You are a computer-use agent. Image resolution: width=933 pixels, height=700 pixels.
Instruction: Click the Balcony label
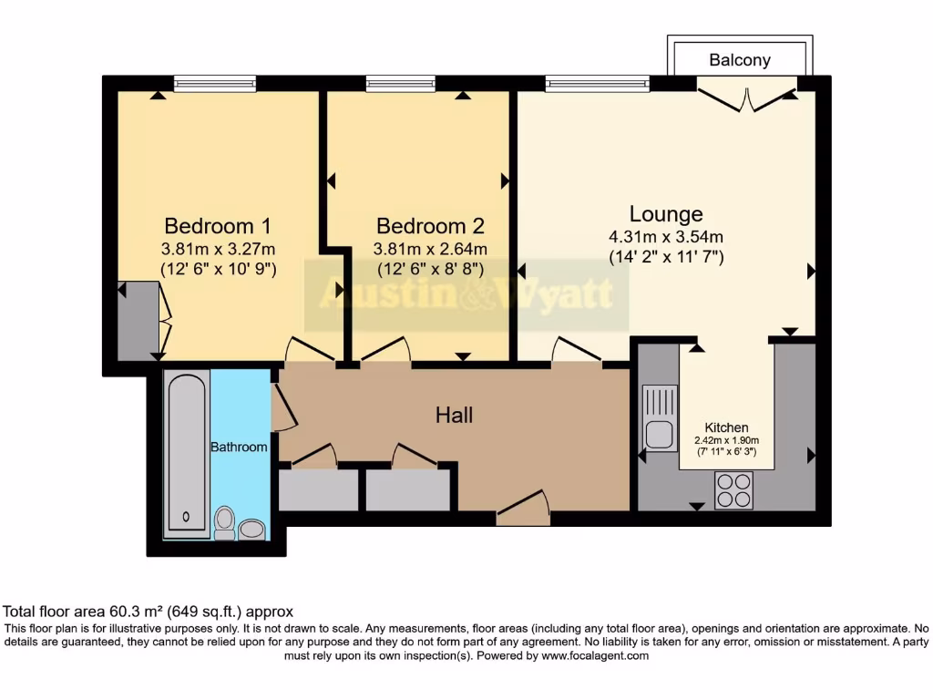740,60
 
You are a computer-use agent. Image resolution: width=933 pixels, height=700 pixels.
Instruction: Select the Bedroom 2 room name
430,225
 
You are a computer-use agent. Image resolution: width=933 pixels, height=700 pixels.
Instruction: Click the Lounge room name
666,214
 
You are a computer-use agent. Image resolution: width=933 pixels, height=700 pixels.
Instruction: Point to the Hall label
454,415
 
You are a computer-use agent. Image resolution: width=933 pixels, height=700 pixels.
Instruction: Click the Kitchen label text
726,427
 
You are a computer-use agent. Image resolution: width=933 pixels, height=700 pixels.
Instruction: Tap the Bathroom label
239,447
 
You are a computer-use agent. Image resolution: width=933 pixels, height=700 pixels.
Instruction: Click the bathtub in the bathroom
188,452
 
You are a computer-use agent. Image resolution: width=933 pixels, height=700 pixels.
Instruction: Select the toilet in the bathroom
224,521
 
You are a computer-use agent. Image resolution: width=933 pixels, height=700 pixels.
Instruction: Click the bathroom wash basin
252,528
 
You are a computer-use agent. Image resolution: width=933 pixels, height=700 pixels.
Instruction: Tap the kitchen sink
660,418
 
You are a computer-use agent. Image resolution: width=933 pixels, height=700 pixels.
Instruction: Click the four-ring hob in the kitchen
733,490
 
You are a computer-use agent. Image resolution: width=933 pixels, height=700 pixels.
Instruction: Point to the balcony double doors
746,97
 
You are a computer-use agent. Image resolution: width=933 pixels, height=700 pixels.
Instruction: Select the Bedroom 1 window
215,84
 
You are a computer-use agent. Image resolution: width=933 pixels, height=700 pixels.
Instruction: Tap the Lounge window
598,84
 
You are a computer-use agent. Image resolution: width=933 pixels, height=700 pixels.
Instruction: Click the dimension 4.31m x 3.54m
666,237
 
